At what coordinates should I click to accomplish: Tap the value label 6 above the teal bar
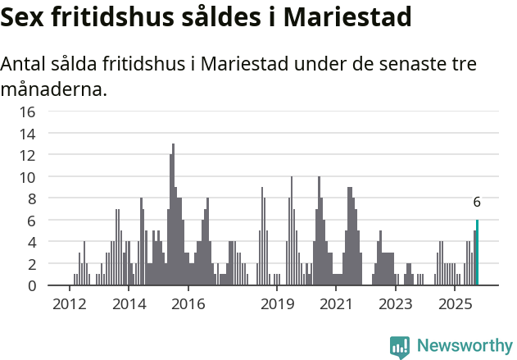pos(477,203)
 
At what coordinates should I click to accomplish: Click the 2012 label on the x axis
pos(69,304)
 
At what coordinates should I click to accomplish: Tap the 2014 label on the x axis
pos(129,304)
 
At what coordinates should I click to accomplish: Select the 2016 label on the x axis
pos(188,304)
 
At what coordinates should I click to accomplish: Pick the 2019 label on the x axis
pos(277,304)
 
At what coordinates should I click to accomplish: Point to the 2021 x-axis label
pos(336,304)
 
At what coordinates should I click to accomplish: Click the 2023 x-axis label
pos(396,304)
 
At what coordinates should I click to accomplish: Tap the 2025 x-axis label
pos(455,304)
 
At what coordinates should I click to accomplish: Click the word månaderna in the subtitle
pos(54,89)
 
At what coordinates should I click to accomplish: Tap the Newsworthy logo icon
pos(400,346)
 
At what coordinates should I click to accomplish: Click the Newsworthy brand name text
pos(464,346)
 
